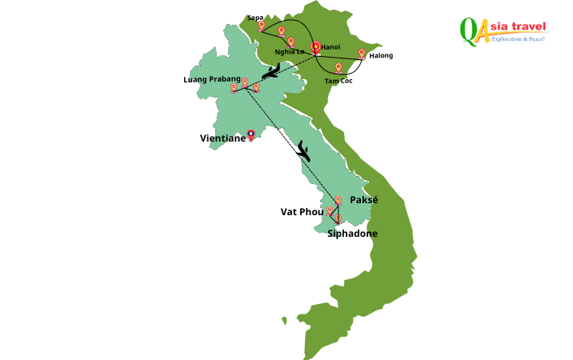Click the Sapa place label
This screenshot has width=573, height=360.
point(255,17)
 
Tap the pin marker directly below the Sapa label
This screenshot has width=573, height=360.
point(262,26)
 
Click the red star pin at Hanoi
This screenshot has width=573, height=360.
point(315,48)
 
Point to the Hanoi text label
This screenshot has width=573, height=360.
point(331,47)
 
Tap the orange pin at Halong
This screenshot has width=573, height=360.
point(362,54)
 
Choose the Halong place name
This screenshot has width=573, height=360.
point(381,55)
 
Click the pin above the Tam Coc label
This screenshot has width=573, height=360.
point(339,68)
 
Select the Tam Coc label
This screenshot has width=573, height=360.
point(339,81)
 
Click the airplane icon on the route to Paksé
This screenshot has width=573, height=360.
point(304,150)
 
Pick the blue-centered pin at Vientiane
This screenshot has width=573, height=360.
point(251,135)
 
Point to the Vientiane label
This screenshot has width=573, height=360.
point(222,138)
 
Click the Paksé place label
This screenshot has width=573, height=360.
point(363,199)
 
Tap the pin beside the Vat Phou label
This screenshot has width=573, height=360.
point(330,211)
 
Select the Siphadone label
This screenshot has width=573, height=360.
point(352,234)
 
